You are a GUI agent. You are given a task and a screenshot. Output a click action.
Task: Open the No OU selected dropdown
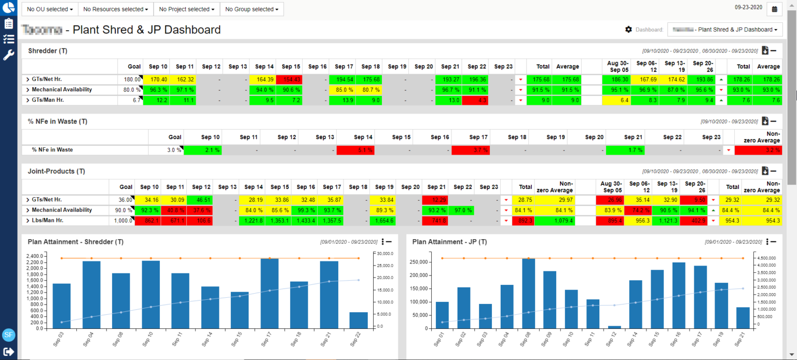[x=49, y=9]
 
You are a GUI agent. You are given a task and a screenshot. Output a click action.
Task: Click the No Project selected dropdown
[x=186, y=9]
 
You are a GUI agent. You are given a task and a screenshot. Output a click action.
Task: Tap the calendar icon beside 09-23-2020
[x=775, y=9]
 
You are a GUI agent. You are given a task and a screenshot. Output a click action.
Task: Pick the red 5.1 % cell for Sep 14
[x=355, y=150]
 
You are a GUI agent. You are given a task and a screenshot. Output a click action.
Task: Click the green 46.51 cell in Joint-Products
[x=200, y=200]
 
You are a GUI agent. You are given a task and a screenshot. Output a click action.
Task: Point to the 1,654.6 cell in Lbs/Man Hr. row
[x=383, y=220]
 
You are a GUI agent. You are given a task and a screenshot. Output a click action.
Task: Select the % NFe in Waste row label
[x=52, y=150]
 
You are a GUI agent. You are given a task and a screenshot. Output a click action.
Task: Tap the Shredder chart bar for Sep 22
[x=359, y=320]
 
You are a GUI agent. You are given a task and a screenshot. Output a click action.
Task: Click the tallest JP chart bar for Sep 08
[x=528, y=293]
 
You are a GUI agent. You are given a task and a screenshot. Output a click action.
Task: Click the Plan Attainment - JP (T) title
[x=449, y=242]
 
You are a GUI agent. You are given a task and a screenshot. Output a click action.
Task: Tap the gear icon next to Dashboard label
[x=629, y=30]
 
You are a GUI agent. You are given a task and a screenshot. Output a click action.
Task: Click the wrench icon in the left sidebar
[x=8, y=55]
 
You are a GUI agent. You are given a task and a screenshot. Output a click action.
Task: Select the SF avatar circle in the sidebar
[x=9, y=335]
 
